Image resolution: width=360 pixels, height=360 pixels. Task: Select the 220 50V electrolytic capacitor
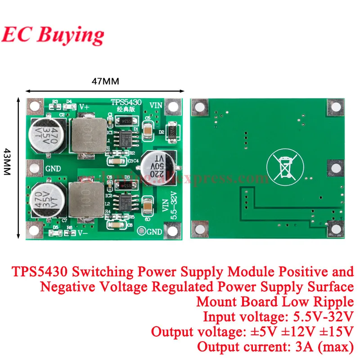click(158, 166)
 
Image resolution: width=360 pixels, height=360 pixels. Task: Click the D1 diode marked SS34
click(124, 121)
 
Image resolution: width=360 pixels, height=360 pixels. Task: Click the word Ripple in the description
click(332, 301)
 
